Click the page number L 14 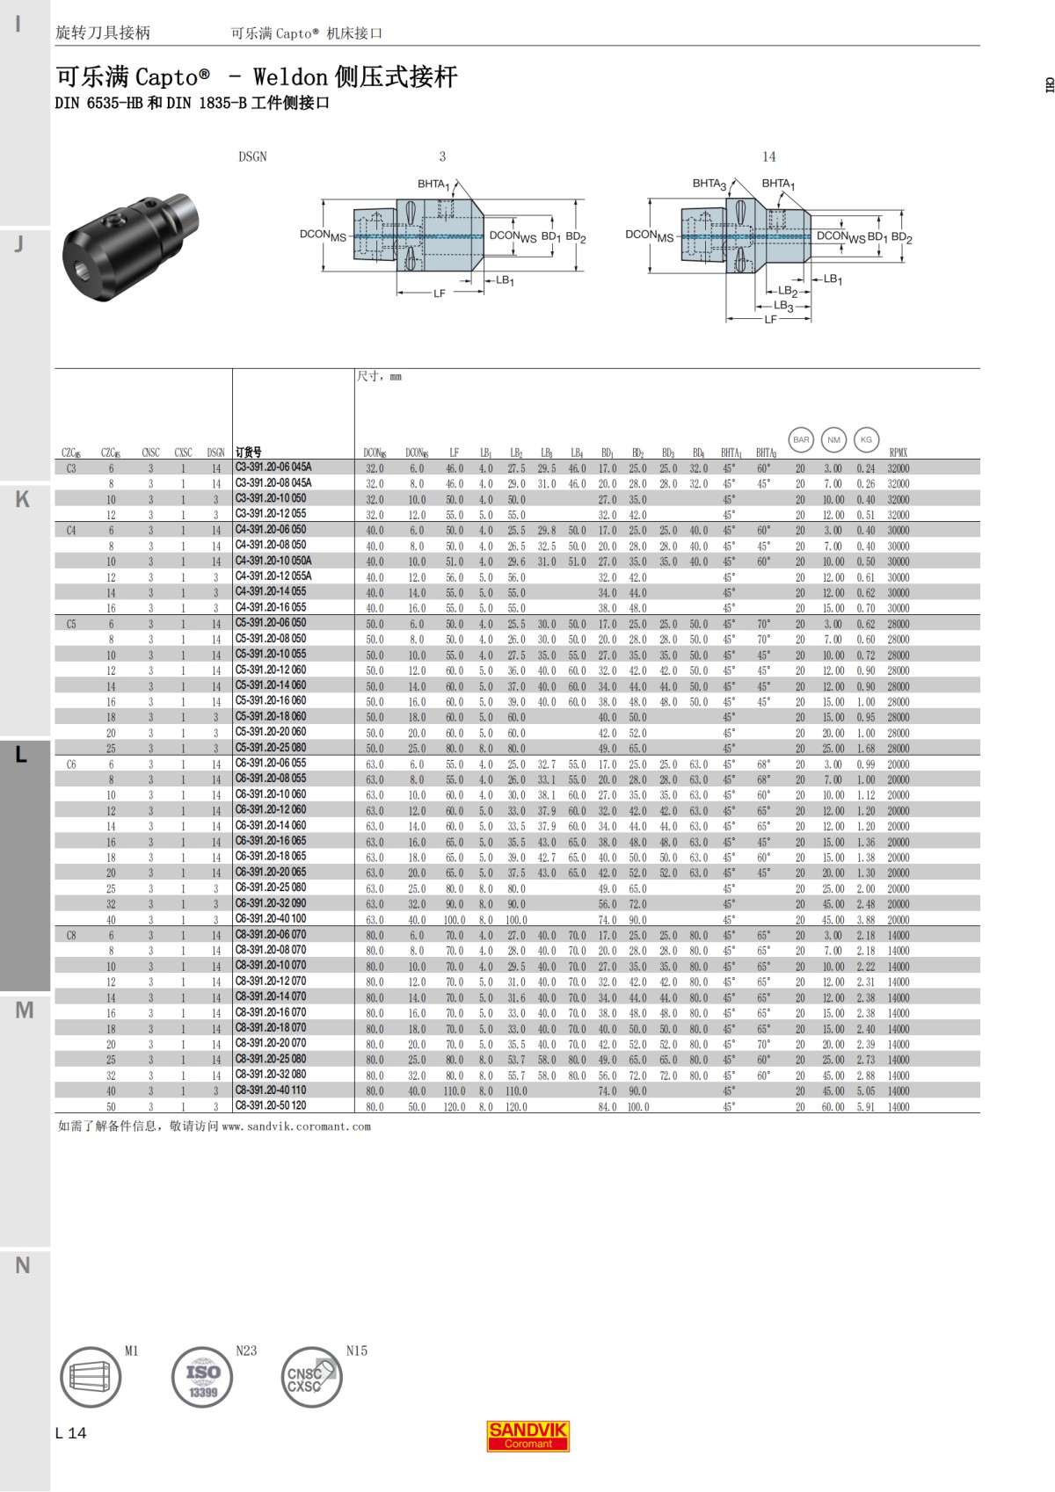[x=70, y=1433]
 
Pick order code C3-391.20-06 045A [x=273, y=467]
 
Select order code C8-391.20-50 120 [x=271, y=1105]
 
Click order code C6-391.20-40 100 [x=271, y=918]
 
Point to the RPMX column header [x=898, y=453]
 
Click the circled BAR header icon [x=801, y=439]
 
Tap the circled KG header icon [x=866, y=439]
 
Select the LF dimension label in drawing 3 [x=440, y=293]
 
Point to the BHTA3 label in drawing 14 [x=709, y=184]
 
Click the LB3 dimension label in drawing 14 [x=783, y=306]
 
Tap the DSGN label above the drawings [x=252, y=156]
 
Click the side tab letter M [x=24, y=1010]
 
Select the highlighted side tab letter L [x=22, y=755]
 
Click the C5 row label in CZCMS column [x=71, y=624]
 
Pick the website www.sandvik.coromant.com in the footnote [x=296, y=1126]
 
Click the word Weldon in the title [x=290, y=77]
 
